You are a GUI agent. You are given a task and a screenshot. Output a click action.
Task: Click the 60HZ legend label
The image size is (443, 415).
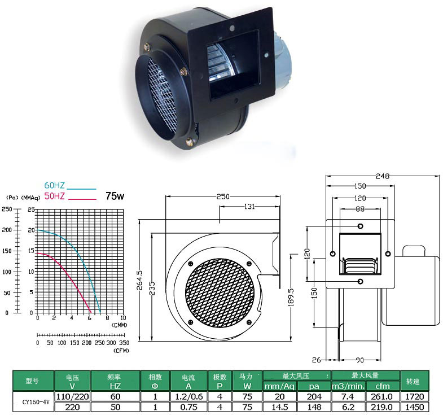[54, 185]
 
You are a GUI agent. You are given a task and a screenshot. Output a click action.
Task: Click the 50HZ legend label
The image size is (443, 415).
[54, 196]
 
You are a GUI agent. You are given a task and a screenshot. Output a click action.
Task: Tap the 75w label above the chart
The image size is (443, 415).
[115, 196]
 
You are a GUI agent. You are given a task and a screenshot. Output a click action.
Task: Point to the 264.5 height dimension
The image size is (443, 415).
[140, 281]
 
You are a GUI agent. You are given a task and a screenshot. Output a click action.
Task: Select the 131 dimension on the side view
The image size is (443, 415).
[249, 207]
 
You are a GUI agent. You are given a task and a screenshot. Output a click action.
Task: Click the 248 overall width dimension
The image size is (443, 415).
[383, 176]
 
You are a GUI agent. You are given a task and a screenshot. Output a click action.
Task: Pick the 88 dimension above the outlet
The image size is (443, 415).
[360, 209]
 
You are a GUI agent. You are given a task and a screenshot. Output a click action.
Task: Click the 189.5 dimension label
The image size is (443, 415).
[291, 298]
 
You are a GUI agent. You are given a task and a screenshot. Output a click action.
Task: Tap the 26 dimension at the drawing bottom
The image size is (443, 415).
[316, 360]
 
